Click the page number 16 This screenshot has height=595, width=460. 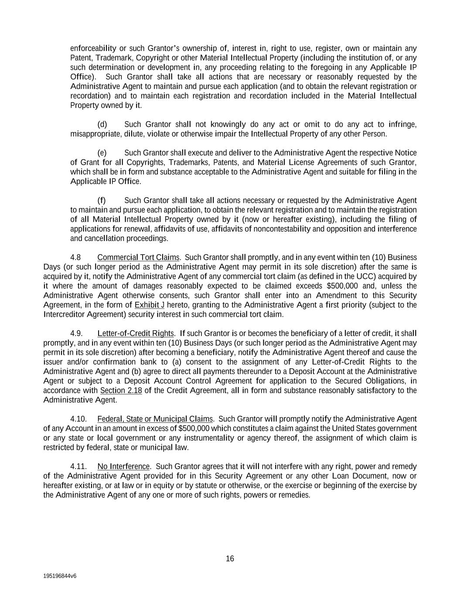coord(230,559)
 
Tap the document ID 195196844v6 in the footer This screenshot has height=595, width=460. coord(60,576)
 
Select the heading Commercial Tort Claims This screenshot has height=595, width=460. coord(138,257)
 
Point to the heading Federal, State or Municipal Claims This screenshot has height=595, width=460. coord(155,419)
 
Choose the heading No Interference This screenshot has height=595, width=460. coord(123,466)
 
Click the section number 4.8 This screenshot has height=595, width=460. coord(75,257)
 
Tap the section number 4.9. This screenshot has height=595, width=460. coord(76,333)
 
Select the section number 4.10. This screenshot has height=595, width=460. coord(78,419)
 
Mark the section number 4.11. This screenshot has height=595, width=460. coord(78,466)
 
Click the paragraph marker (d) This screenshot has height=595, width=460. coord(102,125)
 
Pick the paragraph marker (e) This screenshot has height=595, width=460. coord(102,153)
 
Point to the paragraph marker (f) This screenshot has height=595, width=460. coord(101,201)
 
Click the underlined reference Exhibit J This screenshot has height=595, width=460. coord(150,305)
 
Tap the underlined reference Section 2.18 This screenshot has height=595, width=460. coord(121,390)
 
